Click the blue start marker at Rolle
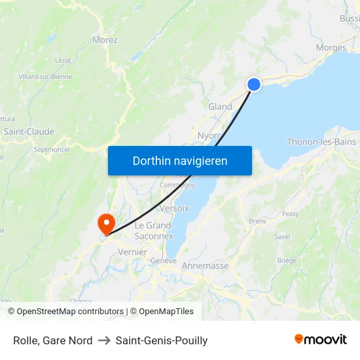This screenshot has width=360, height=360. pyautogui.click(x=253, y=84)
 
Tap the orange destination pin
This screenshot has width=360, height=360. pyautogui.click(x=105, y=223)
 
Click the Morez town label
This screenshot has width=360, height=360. pyautogui.click(x=105, y=40)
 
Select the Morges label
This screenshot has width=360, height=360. pyautogui.click(x=331, y=48)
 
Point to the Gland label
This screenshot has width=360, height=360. pyautogui.click(x=220, y=107)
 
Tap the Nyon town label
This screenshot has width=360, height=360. pyautogui.click(x=207, y=135)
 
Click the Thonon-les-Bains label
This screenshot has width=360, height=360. pyautogui.click(x=321, y=142)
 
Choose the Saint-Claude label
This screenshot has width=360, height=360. pyautogui.click(x=29, y=132)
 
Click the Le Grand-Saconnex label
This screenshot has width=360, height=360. pyautogui.click(x=154, y=230)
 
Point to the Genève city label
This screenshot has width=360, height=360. pyautogui.click(x=164, y=261)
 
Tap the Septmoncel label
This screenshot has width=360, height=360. pyautogui.click(x=52, y=149)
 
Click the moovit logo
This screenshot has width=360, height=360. pyautogui.click(x=321, y=340)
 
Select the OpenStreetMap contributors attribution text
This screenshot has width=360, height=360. pyautogui.click(x=70, y=312)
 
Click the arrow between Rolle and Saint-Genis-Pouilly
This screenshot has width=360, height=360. pyautogui.click(x=104, y=340)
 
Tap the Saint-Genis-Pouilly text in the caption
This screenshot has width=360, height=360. pyautogui.click(x=162, y=340)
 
